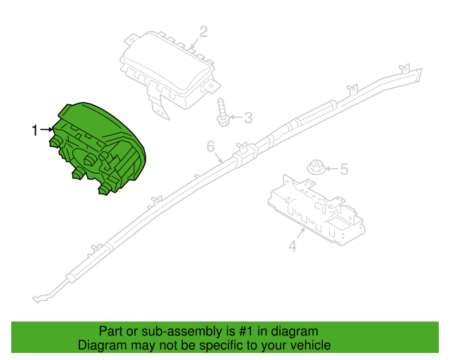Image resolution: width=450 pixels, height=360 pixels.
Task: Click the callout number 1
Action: [34, 130]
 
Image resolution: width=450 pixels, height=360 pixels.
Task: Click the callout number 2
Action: [203, 32]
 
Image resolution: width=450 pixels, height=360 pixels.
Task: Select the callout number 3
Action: [248, 117]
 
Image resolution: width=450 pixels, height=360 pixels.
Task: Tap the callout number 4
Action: [292, 245]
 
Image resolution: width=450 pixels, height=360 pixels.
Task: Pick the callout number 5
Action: [344, 169]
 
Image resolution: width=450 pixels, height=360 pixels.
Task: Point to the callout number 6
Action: [211, 146]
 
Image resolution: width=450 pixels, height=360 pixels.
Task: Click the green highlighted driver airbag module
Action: [98, 147]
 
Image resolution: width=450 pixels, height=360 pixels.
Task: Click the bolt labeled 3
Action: [222, 112]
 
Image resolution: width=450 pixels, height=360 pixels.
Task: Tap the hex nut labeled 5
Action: [316, 167]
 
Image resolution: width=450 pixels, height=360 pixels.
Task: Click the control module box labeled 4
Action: [316, 210]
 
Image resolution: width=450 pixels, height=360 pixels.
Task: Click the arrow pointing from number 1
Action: [46, 130]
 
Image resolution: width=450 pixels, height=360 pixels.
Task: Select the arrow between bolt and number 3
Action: [236, 117]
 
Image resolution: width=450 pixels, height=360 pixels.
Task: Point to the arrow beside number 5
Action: [332, 169]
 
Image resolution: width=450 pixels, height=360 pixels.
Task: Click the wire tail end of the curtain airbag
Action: [37, 299]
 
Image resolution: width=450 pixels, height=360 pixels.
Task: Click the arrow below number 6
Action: [218, 157]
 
